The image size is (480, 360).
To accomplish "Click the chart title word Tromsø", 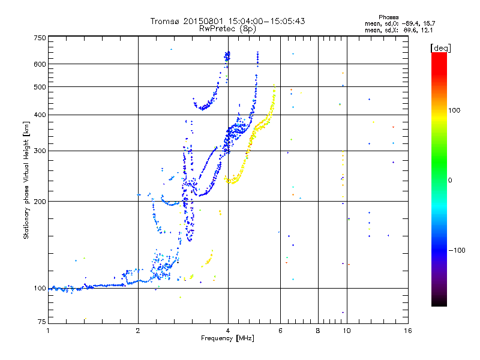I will (164, 21).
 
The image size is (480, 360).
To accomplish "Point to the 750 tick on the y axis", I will (40, 37).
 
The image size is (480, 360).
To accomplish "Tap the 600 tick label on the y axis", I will (40, 64).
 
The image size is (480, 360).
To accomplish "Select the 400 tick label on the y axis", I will (40, 115).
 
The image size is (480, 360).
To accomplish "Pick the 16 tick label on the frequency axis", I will (407, 331).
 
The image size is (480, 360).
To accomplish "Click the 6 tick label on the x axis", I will (280, 331).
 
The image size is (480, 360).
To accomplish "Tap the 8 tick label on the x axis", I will (318, 331).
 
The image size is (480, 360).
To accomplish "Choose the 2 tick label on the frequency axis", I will (138, 331).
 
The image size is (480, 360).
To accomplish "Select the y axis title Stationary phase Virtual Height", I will (26, 180).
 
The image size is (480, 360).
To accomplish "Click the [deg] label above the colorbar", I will (440, 47).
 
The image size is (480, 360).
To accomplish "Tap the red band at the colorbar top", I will (439, 55).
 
